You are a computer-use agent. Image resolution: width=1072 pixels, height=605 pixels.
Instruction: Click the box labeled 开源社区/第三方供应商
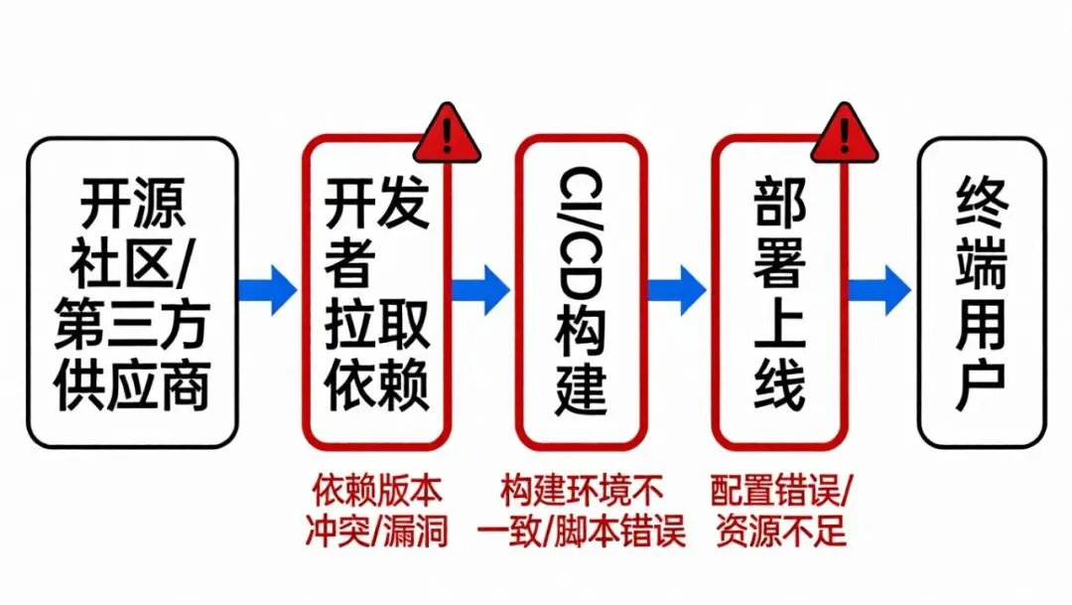point(132,292)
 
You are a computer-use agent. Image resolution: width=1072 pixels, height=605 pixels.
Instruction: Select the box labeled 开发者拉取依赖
point(377,292)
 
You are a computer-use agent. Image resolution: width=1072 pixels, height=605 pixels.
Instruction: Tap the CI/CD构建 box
point(581,292)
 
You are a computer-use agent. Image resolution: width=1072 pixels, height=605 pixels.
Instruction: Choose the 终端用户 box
point(982,292)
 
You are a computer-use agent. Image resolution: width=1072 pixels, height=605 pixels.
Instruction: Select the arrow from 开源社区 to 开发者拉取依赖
point(269,290)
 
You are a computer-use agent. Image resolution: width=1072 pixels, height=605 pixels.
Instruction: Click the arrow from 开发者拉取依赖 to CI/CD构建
point(480,290)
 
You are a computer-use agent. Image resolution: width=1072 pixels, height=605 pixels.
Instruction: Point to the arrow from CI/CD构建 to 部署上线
point(677,290)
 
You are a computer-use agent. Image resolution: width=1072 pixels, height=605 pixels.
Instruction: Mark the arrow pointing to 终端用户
point(881,290)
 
